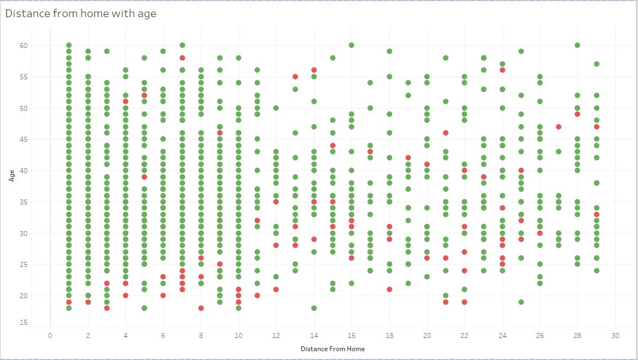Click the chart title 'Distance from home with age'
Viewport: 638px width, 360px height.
point(80,14)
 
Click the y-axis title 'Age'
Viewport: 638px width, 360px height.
point(12,176)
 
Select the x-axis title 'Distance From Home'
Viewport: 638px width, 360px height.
point(332,348)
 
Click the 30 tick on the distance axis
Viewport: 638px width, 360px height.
point(615,335)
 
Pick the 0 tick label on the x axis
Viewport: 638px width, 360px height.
point(50,335)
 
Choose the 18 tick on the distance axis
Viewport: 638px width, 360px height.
point(389,335)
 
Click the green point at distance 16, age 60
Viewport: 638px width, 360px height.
point(352,45)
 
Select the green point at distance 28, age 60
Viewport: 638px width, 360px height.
point(577,45)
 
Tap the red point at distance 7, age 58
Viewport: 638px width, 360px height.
point(182,58)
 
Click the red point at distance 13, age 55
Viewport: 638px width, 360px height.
point(295,77)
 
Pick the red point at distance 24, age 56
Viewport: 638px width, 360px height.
point(502,70)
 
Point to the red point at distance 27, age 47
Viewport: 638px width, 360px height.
point(559,127)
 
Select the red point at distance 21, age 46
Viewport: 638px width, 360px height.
point(446,133)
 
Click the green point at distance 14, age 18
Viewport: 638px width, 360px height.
point(314,308)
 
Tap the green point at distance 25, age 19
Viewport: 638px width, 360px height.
point(521,302)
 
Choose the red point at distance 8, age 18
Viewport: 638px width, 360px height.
point(201,308)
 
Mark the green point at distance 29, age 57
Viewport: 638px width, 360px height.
point(596,64)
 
